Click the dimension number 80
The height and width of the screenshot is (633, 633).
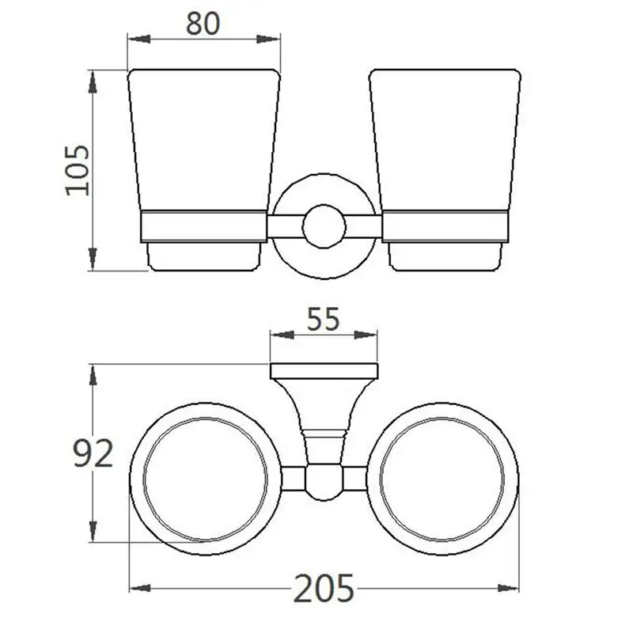tap(203, 24)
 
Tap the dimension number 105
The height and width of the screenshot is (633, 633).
tap(77, 170)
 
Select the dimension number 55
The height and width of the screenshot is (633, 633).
tap(324, 320)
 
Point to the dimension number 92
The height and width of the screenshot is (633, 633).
tap(93, 453)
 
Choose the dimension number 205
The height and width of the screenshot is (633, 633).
tap(324, 589)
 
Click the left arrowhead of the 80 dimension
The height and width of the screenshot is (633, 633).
tap(139, 39)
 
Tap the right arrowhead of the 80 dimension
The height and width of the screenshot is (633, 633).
tap(268, 39)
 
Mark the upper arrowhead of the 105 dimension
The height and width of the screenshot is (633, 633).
tap(93, 83)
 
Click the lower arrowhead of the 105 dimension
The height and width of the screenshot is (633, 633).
tap(93, 259)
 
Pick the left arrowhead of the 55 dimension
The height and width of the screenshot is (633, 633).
tap(282, 335)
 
